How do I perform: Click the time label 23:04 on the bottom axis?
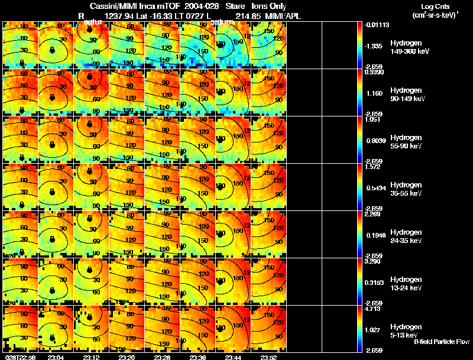[56, 356]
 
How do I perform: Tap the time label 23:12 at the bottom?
[91, 356]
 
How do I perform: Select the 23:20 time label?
[127, 356]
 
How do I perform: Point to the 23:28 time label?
[162, 356]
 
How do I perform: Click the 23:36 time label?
[197, 356]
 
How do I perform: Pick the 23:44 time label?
[233, 356]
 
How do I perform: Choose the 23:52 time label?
[268, 356]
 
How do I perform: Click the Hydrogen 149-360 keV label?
[410, 47]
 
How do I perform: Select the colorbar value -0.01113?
[374, 25]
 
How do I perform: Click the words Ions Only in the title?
[270, 6]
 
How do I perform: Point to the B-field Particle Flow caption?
[442, 342]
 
